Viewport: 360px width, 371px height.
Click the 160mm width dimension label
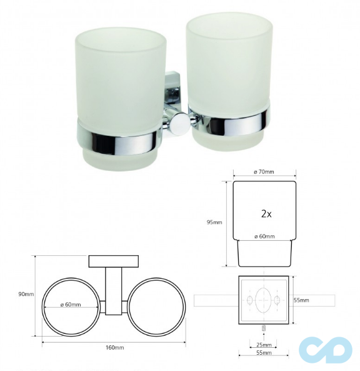click(x=114, y=348)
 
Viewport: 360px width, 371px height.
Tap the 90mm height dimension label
click(x=26, y=294)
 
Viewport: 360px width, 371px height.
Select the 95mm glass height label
click(x=214, y=222)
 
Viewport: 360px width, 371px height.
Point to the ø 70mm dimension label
click(x=264, y=172)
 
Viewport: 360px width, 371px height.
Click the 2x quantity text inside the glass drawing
click(x=266, y=214)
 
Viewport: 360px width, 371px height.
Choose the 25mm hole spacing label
click(x=264, y=345)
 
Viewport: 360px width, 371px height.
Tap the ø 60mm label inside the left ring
click(x=71, y=305)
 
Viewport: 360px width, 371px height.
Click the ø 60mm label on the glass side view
click(x=264, y=236)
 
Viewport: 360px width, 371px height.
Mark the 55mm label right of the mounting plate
click(x=301, y=300)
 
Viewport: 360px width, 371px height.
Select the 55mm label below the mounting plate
click(x=264, y=353)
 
